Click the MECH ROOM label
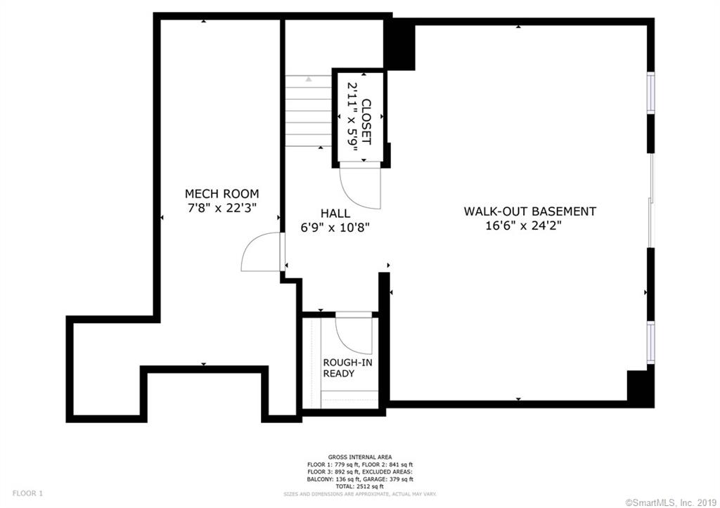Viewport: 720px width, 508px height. click(221, 194)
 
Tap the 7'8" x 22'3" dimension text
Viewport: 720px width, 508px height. click(221, 208)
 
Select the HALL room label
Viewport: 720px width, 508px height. click(335, 214)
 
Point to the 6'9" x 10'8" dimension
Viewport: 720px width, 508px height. click(335, 227)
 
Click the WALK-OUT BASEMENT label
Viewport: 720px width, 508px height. click(530, 211)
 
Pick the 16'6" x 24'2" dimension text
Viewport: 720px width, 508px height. click(524, 226)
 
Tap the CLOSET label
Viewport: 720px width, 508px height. click(366, 122)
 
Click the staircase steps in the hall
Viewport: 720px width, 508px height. click(309, 111)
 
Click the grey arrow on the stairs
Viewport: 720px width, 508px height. click(309, 79)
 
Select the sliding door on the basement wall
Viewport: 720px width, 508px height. click(650, 200)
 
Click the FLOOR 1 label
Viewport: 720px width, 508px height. click(27, 494)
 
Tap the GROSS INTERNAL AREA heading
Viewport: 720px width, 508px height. click(360, 457)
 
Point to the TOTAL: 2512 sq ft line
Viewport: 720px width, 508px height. click(360, 486)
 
